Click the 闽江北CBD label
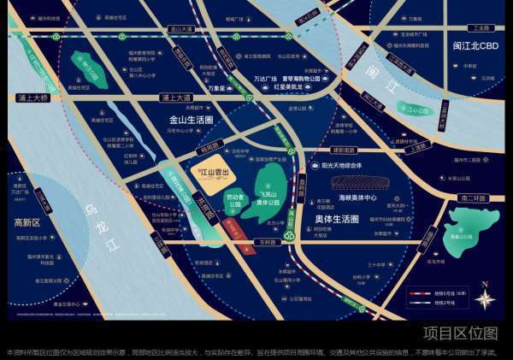pyautogui.click(x=475, y=46)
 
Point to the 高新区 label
pyautogui.click(x=27, y=223)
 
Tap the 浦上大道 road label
pyautogui.click(x=176, y=97)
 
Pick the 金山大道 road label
pyautogui.click(x=181, y=28)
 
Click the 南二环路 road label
pyautogui.click(x=471, y=198)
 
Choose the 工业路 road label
pyautogui.click(x=482, y=27)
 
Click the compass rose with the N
pyautogui.click(x=485, y=299)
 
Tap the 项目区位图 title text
pyautogui.click(x=459, y=333)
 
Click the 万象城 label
pyautogui.click(x=217, y=88)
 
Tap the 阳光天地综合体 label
pyautogui.click(x=334, y=165)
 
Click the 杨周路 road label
pyautogui.click(x=209, y=147)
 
